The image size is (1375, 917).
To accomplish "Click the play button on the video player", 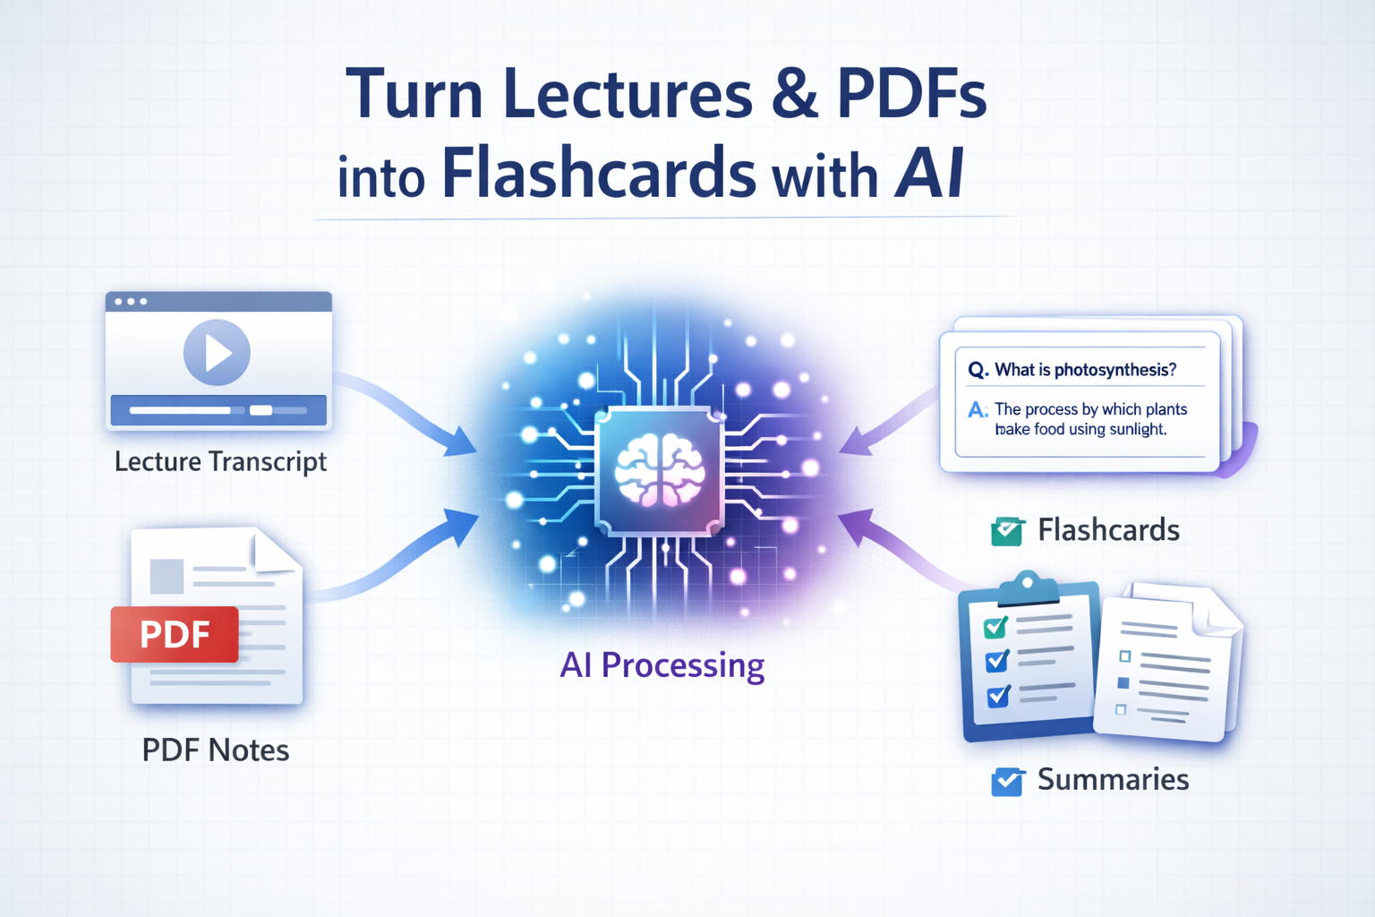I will [217, 352].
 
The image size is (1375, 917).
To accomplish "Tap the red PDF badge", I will [175, 634].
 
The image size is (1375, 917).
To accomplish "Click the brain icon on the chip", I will [660, 471].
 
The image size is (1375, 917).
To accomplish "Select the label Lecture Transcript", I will [220, 461].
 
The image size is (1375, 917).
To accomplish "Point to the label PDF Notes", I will [216, 750].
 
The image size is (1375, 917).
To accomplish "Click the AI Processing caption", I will [662, 665].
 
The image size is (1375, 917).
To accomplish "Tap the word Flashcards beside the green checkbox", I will [1108, 530].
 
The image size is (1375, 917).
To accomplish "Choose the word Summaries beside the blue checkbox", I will [1113, 779].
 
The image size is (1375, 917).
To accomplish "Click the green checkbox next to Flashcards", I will [1007, 531].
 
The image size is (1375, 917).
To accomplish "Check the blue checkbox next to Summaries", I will [1007, 781].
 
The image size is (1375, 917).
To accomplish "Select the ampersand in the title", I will [793, 94].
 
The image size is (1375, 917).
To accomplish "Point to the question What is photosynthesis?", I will [1085, 370].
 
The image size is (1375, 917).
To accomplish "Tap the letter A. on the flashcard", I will [978, 410].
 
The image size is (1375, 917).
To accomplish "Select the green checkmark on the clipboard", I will [995, 627].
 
